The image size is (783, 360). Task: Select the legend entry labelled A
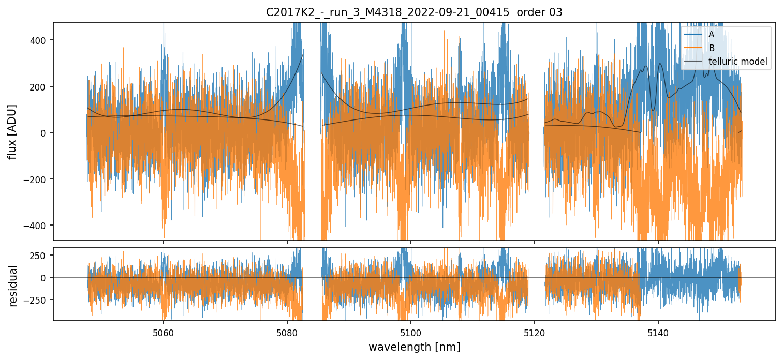(712, 34)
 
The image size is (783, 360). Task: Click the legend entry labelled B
(712, 48)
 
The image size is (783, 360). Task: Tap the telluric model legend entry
(737, 62)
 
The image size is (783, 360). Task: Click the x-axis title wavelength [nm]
(414, 347)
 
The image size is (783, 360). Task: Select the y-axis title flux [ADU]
(12, 131)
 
